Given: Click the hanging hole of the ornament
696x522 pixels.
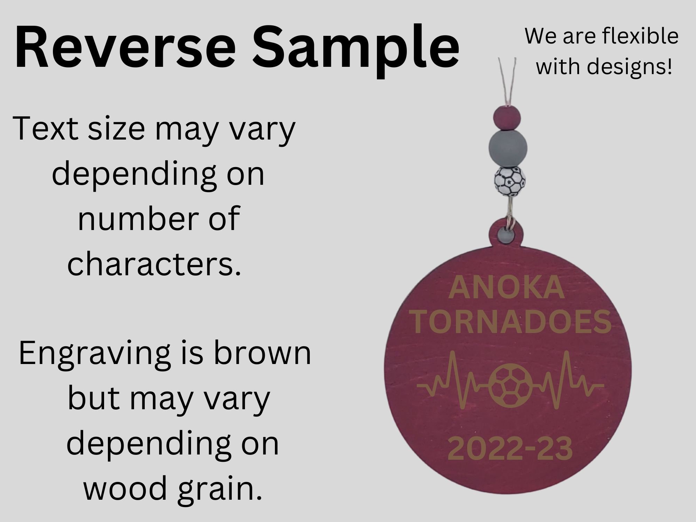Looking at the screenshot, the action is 505,237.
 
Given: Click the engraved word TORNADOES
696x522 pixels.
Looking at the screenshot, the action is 511,322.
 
